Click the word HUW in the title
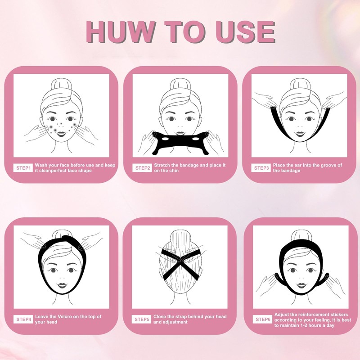tap(118, 31)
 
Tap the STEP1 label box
tap(23, 168)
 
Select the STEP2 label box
tap(143, 168)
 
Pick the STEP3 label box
tap(261, 168)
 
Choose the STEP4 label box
tap(23, 319)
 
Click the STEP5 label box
tap(143, 319)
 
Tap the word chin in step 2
tap(171, 171)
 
